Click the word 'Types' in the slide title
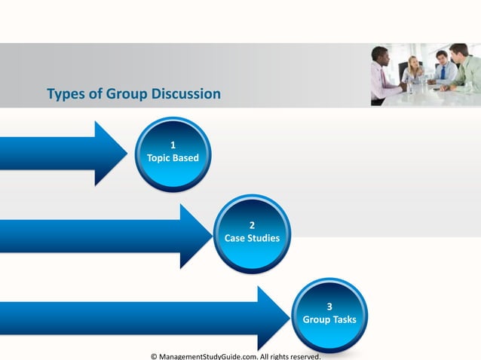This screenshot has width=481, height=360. click(x=64, y=95)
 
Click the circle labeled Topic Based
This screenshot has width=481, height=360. click(x=173, y=154)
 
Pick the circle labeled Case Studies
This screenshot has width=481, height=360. click(x=252, y=233)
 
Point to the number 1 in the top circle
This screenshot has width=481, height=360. click(x=173, y=145)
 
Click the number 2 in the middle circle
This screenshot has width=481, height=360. click(x=252, y=224)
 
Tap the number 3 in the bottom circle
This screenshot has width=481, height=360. click(x=329, y=306)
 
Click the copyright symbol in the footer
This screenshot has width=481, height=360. click(x=155, y=355)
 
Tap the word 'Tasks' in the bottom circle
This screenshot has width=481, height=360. click(x=344, y=320)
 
